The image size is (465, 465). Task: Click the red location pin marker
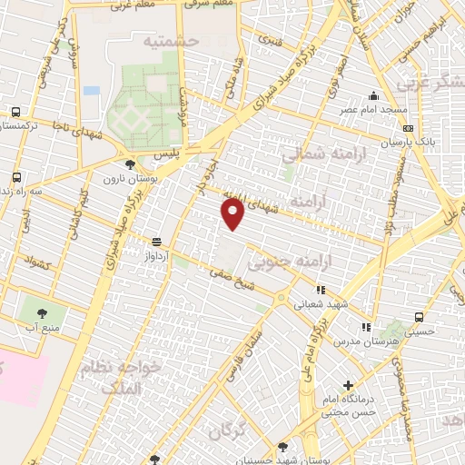233,213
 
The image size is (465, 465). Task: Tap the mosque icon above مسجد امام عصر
373,96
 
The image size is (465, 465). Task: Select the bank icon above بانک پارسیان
409,128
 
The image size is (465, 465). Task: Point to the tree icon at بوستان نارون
131,165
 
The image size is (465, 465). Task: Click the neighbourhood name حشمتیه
169,41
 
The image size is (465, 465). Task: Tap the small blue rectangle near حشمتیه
91,91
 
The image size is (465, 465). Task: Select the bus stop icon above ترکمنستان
15,112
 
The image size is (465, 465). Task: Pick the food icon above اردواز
157,242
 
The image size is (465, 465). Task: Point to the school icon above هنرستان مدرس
365,327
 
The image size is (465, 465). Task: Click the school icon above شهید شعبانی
320,290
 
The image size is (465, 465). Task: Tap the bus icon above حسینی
419,317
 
